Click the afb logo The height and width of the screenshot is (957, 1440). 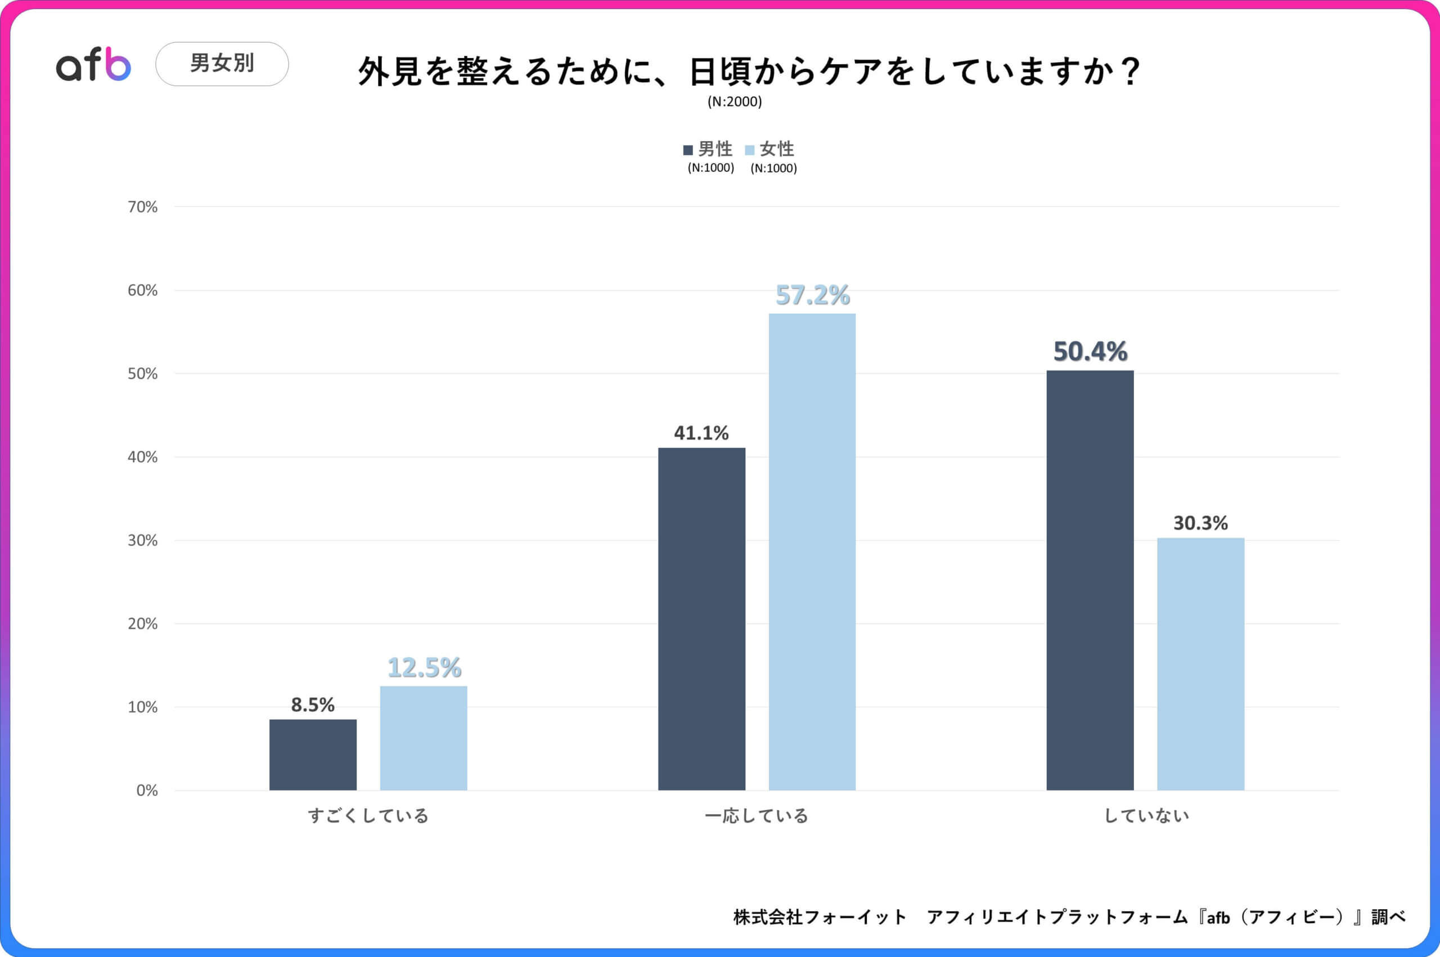coord(93,64)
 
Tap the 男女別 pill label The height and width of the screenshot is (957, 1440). coord(222,64)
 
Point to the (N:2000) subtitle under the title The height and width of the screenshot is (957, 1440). coord(735,101)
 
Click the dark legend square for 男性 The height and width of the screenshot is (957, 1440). coord(688,150)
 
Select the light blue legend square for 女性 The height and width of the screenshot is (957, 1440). coord(750,150)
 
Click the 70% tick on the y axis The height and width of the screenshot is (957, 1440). coord(142,207)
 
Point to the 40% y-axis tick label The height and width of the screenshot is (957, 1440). coord(142,457)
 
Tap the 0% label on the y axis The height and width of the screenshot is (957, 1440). coord(146,790)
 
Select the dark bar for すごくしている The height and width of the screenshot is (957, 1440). coord(313,754)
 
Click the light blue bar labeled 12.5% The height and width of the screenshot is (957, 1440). coord(424,738)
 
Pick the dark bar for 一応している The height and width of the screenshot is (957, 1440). coord(701,619)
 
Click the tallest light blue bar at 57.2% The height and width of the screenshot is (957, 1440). coord(812,552)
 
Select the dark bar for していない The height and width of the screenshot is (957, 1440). coord(1090,580)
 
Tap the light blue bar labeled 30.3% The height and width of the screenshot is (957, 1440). coord(1200,663)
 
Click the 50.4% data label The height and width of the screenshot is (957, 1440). coord(1090,352)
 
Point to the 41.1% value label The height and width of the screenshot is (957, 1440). coord(701,433)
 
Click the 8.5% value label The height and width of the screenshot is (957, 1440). coord(312,705)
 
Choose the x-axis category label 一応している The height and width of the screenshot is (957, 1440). coord(756,815)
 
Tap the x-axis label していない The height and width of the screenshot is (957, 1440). coord(1146,815)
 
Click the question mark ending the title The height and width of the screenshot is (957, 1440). coord(1131,71)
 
